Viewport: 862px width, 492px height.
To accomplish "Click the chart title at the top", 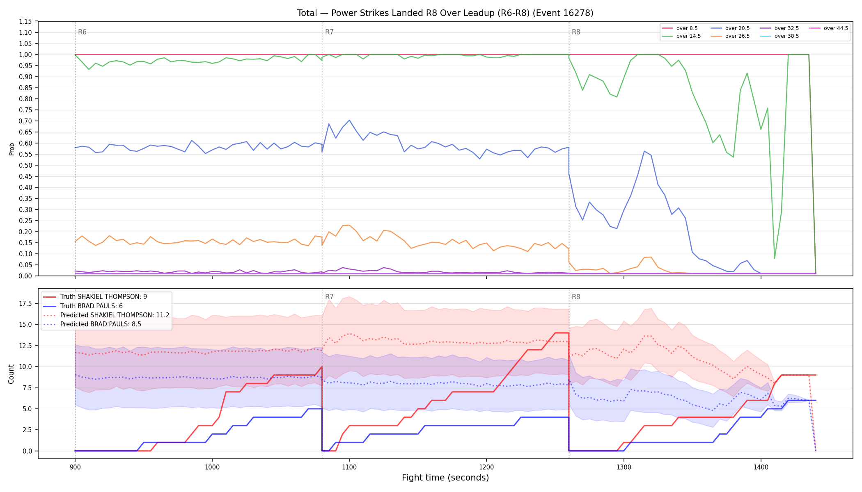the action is [445, 13].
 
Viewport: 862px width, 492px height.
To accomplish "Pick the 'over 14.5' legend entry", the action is [681, 36].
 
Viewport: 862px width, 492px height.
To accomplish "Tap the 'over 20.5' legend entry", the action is [730, 28].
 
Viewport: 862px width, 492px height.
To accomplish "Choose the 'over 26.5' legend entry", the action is [730, 36].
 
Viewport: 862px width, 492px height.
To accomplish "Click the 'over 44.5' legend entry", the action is [828, 28].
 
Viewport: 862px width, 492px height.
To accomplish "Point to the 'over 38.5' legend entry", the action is [779, 36].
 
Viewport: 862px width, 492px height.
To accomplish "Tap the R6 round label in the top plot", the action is [82, 32].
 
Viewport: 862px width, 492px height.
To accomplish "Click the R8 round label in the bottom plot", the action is [576, 297].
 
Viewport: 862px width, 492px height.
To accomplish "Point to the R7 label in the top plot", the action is [329, 32].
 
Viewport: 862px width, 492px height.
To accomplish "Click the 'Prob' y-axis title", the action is [11, 149].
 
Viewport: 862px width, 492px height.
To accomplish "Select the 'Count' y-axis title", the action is [11, 374].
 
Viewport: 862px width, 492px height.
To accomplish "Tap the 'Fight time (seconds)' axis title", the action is [445, 478].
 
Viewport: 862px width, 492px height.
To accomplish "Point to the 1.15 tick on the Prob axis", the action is [25, 21].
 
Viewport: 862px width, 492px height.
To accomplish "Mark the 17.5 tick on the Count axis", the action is [26, 303].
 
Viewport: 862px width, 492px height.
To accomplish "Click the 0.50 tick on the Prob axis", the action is [25, 165].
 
